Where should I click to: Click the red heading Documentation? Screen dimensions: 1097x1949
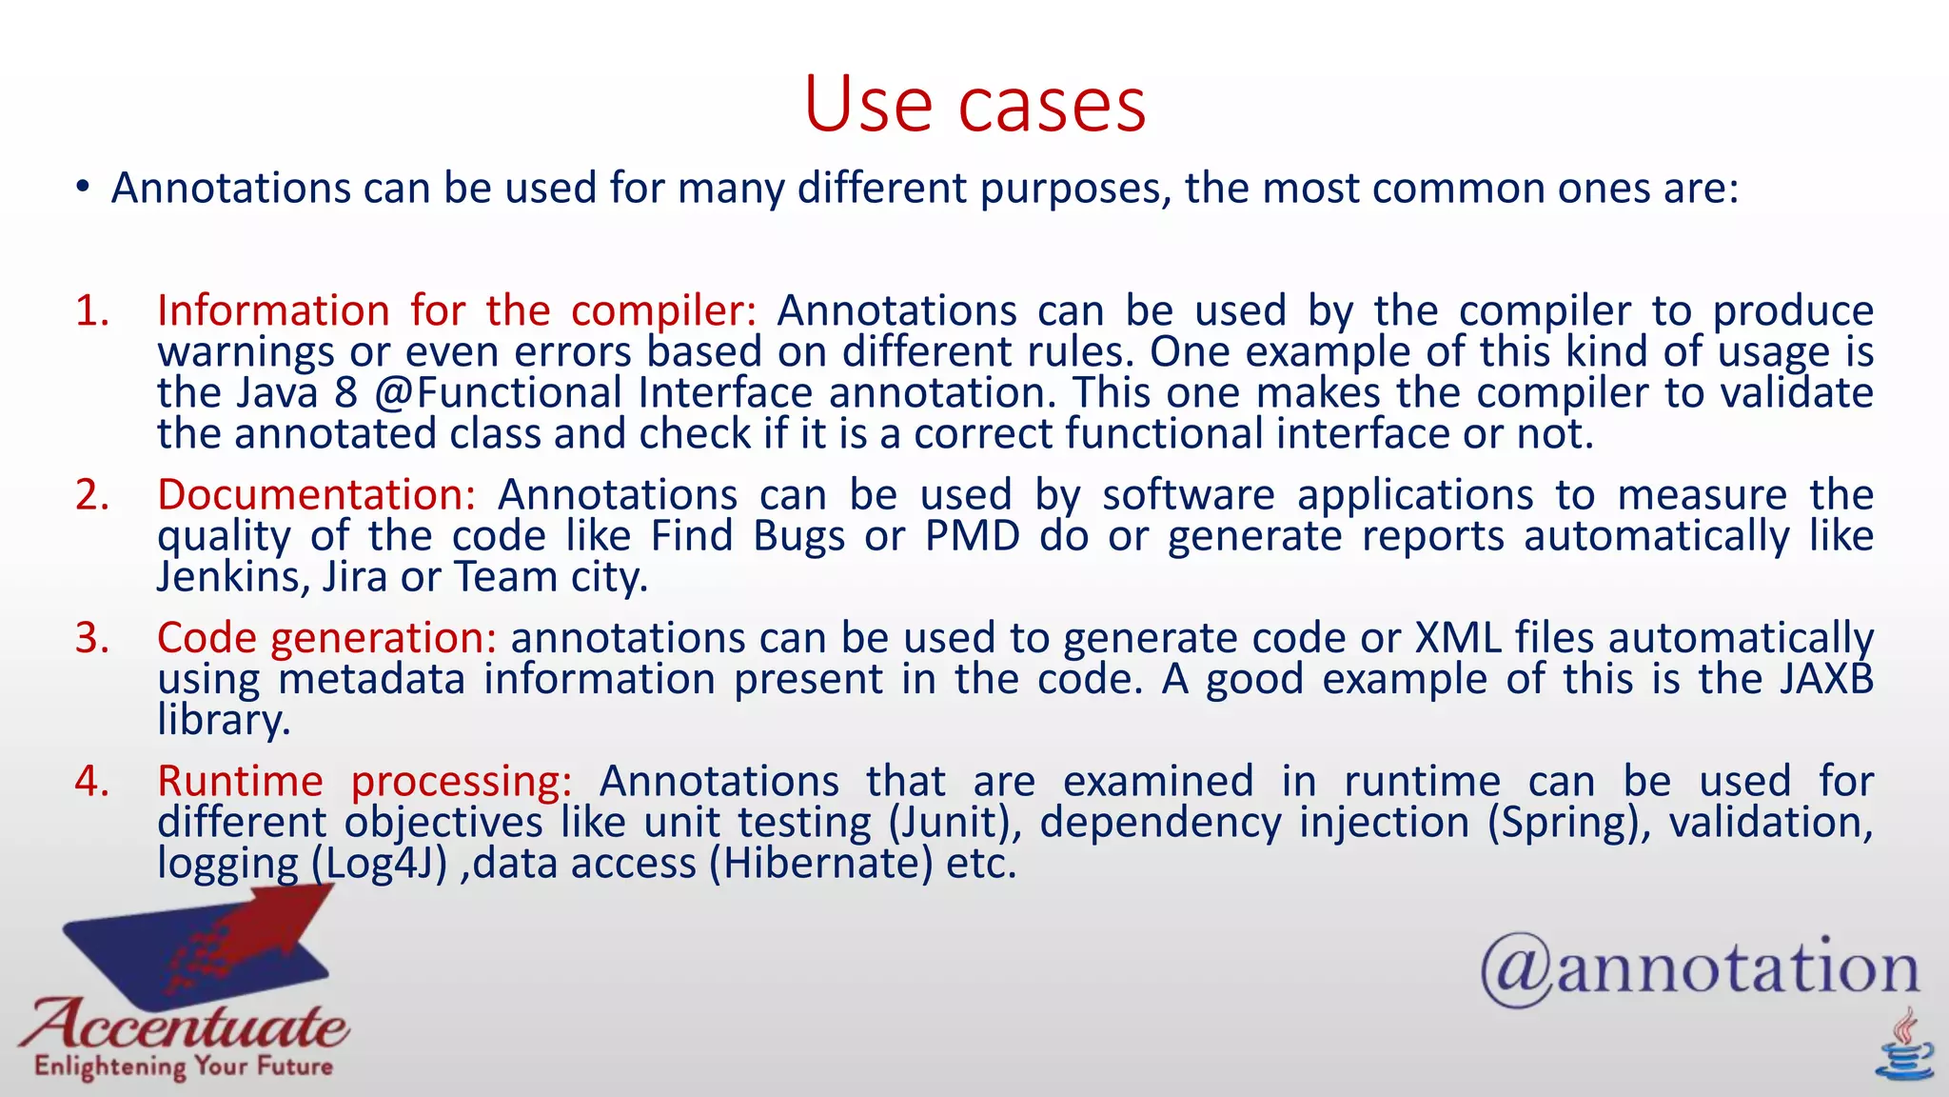pyautogui.click(x=316, y=495)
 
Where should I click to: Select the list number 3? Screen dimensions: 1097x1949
pyautogui.click(x=92, y=638)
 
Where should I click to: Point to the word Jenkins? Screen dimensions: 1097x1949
pyautogui.click(x=228, y=577)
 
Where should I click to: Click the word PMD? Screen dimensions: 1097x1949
pyautogui.click(x=972, y=536)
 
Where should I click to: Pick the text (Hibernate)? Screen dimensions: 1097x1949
pyautogui.click(x=820, y=864)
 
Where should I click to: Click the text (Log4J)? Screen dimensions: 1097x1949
pyautogui.click(x=379, y=864)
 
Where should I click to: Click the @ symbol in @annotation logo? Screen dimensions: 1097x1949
pyautogui.click(x=1516, y=970)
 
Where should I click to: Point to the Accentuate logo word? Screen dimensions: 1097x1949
pyautogui.click(x=186, y=1027)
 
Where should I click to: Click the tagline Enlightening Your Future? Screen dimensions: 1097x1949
pyautogui.click(x=184, y=1067)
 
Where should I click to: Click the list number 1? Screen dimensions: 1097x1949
pyautogui.click(x=92, y=311)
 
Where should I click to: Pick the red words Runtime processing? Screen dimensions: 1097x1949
pyautogui.click(x=364, y=782)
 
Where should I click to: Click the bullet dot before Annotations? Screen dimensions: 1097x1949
pyautogui.click(x=84, y=188)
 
